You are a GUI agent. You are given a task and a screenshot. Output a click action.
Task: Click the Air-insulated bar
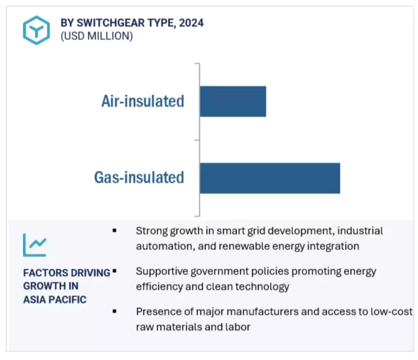[233, 101]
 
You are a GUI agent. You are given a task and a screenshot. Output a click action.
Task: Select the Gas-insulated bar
[270, 178]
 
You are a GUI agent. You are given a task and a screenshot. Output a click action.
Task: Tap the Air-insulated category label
[143, 101]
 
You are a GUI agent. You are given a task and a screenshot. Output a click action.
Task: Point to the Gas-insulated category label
[139, 178]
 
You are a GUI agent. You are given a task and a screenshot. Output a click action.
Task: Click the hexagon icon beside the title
[36, 30]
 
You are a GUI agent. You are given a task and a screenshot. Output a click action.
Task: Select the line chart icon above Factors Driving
[35, 245]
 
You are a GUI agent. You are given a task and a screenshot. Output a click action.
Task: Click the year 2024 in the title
[191, 23]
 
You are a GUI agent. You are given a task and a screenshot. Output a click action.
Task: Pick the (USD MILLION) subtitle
[97, 36]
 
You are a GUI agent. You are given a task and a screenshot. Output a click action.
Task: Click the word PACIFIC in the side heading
[68, 299]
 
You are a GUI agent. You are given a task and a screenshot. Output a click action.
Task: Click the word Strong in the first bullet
[151, 231]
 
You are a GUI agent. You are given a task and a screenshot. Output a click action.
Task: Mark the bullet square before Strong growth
[115, 231]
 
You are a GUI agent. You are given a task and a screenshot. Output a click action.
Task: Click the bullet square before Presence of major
[115, 311]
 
